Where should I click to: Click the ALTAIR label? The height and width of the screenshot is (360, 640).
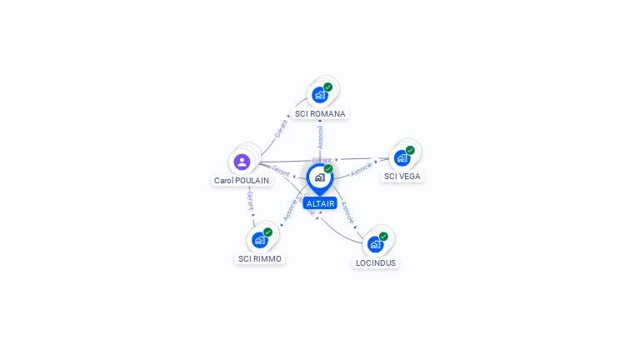(320, 203)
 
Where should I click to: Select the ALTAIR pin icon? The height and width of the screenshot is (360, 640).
(319, 177)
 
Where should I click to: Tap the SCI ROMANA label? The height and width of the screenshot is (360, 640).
(320, 113)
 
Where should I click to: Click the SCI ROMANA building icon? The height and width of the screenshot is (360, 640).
(319, 95)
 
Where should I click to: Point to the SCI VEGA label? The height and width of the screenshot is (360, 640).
(402, 176)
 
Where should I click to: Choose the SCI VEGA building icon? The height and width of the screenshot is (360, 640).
(402, 158)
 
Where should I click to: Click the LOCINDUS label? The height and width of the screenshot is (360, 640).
(376, 262)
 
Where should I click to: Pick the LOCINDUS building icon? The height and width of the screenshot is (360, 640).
(375, 244)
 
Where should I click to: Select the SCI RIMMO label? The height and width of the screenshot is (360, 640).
(260, 258)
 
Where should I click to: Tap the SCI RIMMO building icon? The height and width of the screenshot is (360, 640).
(259, 240)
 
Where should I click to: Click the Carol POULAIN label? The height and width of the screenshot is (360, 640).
(242, 180)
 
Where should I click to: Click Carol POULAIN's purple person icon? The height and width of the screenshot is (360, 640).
(242, 162)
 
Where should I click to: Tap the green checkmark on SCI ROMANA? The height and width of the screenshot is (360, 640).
(328, 87)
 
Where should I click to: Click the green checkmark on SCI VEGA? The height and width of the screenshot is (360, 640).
(410, 150)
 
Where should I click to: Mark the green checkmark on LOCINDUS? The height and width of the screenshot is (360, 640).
(383, 236)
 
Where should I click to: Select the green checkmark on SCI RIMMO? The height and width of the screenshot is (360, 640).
(267, 232)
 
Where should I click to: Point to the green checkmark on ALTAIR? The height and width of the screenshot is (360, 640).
(328, 168)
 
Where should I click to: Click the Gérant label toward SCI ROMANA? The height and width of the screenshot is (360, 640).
(281, 129)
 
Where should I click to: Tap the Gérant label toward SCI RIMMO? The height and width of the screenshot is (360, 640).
(250, 201)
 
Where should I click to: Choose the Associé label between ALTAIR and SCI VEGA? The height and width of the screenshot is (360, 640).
(361, 169)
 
